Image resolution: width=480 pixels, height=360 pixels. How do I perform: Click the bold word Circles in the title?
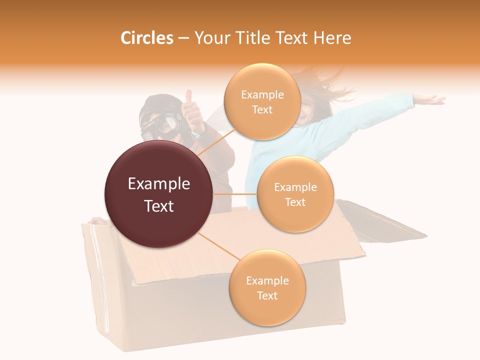pyautogui.click(x=146, y=38)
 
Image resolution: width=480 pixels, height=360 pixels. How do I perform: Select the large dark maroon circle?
pyautogui.click(x=158, y=194)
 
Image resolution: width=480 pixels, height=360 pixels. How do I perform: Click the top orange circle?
pyautogui.click(x=262, y=102)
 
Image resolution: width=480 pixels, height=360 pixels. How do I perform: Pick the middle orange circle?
pyautogui.click(x=295, y=194)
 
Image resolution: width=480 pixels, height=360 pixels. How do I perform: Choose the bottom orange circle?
pyautogui.click(x=267, y=288)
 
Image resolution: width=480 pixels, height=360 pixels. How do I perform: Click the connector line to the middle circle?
pyautogui.click(x=235, y=194)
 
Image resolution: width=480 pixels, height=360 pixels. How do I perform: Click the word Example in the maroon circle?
pyautogui.click(x=158, y=184)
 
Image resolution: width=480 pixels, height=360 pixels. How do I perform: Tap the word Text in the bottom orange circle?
pyautogui.click(x=267, y=295)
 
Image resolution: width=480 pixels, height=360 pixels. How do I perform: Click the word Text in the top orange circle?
pyautogui.click(x=262, y=109)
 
